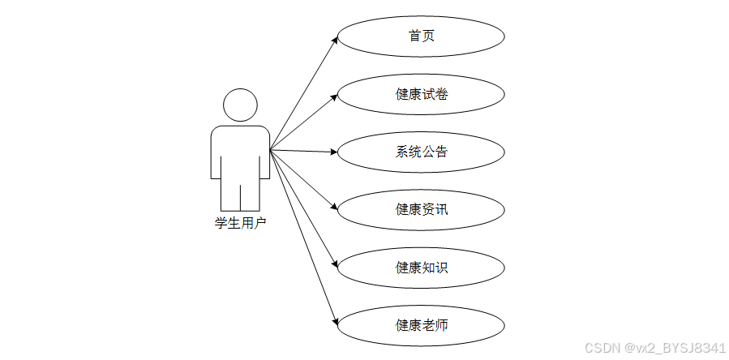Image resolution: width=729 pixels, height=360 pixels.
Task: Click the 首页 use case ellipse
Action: [421, 36]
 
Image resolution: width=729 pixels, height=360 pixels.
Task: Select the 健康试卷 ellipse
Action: [421, 94]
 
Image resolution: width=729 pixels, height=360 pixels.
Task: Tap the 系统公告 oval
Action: [421, 152]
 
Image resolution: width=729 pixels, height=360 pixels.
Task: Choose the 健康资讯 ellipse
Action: [421, 210]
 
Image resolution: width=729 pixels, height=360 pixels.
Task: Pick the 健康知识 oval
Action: [421, 268]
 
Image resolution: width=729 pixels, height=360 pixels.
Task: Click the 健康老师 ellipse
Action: [421, 325]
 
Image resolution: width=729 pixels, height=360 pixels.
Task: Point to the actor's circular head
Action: [240, 105]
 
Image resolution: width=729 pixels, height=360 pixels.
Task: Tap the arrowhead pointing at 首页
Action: [333, 39]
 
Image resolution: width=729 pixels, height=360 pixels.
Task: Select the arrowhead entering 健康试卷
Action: [333, 96]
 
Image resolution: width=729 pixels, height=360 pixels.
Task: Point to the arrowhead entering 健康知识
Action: [333, 265]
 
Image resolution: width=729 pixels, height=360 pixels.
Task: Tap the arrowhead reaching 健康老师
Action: [333, 323]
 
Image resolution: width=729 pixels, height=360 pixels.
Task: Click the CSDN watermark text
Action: [654, 347]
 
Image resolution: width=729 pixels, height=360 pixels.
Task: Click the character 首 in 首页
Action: [415, 36]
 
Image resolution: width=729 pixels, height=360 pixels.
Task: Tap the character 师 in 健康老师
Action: [441, 325]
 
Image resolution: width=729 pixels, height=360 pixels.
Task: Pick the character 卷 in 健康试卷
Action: [441, 94]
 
